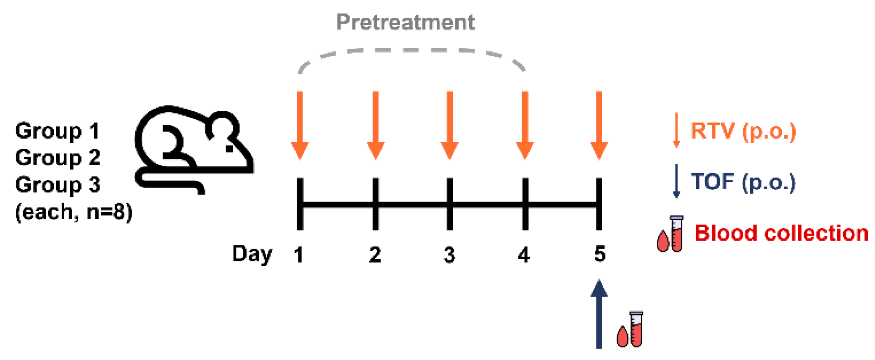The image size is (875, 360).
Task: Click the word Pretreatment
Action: (405, 22)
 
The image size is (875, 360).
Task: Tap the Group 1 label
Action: (58, 131)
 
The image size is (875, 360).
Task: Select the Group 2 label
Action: (58, 158)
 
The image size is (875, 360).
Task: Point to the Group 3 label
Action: (58, 185)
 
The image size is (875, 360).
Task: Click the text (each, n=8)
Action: (74, 211)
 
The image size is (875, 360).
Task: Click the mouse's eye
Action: (229, 149)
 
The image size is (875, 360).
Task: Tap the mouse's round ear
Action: (222, 126)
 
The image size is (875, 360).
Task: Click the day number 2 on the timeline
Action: (375, 255)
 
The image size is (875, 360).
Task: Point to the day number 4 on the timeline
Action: (524, 255)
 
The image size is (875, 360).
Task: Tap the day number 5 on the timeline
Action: (600, 254)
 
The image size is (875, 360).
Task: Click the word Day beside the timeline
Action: (252, 254)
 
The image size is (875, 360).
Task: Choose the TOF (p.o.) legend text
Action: (743, 182)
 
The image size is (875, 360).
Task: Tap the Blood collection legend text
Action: (781, 233)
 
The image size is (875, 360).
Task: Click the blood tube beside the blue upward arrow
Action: (636, 329)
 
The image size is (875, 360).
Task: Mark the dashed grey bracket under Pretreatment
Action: (412, 51)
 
